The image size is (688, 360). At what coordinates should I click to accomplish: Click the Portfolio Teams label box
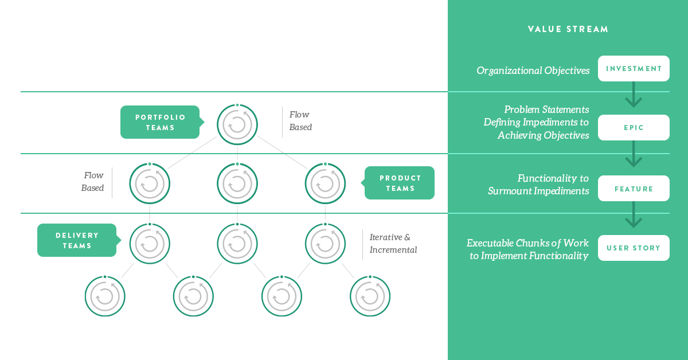(x=160, y=122)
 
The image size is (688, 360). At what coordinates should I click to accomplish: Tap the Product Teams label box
(x=399, y=183)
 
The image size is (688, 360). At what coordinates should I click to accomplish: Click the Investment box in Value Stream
(x=634, y=68)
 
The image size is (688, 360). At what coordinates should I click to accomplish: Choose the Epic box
(x=634, y=127)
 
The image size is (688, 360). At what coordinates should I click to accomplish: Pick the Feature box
(x=634, y=188)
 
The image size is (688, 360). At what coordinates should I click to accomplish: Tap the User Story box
(x=634, y=248)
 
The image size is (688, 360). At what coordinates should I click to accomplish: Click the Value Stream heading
(x=568, y=29)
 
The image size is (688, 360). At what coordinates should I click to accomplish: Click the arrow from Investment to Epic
(x=634, y=95)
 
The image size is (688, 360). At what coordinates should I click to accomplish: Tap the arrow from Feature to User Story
(x=634, y=214)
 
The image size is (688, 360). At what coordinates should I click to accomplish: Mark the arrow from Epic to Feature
(x=634, y=154)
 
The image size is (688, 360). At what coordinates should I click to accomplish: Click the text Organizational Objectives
(x=533, y=71)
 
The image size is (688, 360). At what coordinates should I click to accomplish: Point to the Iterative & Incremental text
(x=393, y=243)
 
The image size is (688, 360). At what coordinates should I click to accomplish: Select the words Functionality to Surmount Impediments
(x=538, y=185)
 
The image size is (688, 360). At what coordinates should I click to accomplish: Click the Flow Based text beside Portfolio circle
(x=300, y=121)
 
